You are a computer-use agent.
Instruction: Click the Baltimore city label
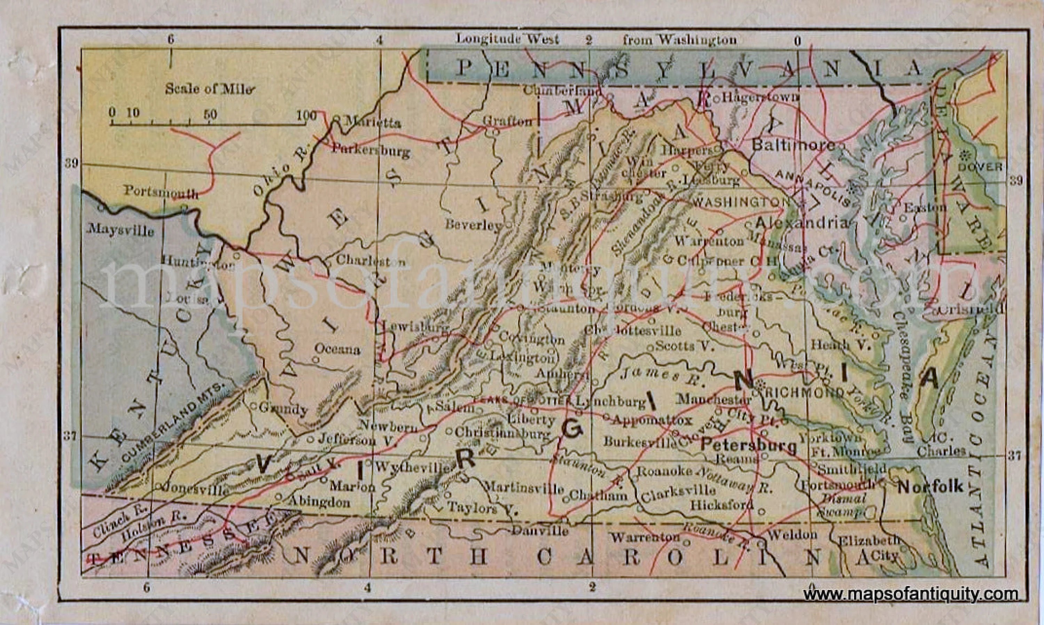point(793,146)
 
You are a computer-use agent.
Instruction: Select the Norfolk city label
point(930,487)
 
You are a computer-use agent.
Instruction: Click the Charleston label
point(371,261)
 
